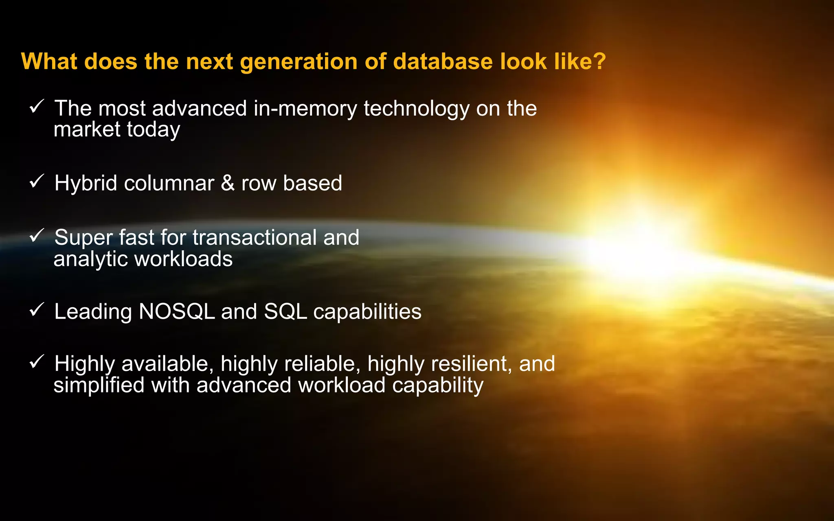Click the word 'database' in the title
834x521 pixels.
pos(443,61)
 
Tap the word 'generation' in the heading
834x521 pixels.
pos(298,62)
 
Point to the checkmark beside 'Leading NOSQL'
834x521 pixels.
pos(37,310)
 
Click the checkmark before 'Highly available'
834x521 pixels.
pos(37,361)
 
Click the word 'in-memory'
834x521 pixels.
pos(305,109)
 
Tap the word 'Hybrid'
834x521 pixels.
pos(86,184)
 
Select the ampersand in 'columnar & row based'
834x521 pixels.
pos(228,183)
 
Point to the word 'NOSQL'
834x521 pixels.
pos(177,312)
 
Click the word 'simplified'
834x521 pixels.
pos(99,385)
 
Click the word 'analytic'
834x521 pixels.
pos(91,259)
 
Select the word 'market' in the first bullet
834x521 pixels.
pos(87,129)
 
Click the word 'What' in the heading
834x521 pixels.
pos(49,61)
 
